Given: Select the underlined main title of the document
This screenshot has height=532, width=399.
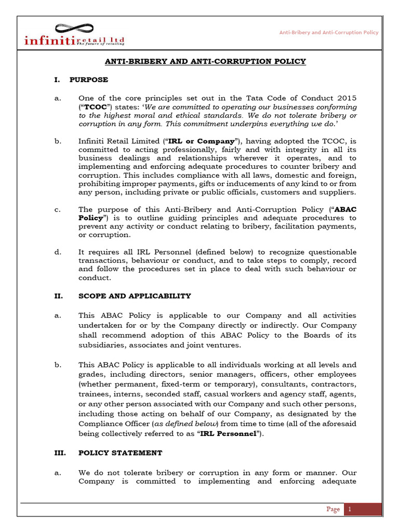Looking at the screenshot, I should (205, 61).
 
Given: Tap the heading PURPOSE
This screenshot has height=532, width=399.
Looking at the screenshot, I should (93, 79).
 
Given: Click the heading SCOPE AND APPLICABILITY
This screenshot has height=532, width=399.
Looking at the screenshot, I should (135, 296).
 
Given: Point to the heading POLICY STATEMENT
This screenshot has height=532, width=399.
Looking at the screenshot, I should (120, 453).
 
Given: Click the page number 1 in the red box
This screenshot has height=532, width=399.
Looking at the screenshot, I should (350, 510).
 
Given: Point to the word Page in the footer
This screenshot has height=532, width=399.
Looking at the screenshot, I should (333, 510).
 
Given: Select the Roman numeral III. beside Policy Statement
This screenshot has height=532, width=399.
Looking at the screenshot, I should (60, 453).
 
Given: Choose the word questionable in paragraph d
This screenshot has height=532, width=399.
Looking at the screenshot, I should (330, 251).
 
